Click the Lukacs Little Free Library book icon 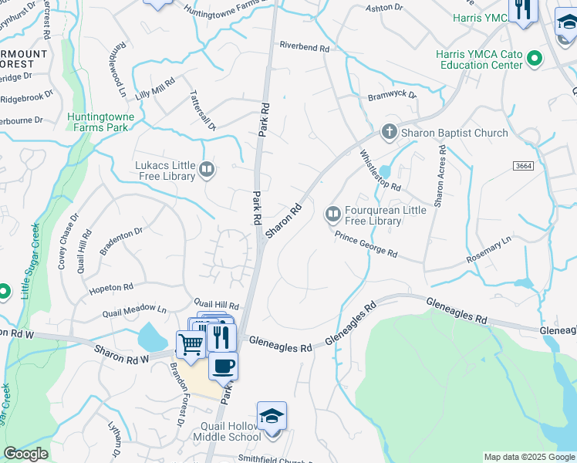pos(207,169)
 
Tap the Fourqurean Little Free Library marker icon pos(333,213)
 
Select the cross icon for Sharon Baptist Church pos(390,132)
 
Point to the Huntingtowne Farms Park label pos(100,122)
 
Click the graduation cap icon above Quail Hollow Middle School pos(272,416)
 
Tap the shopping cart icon pos(191,344)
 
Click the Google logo pos(26,454)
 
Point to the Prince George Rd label pos(366,243)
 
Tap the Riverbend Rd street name pos(304,46)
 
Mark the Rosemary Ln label pos(489,252)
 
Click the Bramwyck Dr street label pos(392,96)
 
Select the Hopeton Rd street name pos(111,288)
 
